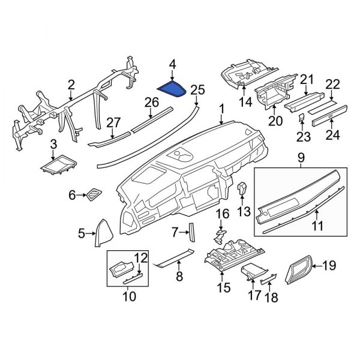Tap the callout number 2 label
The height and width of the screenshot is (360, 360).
(x=71, y=85)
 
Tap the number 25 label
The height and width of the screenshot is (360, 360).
(x=197, y=90)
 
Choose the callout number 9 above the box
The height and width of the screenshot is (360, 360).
(x=300, y=159)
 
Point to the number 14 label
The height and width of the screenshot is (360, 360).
(x=244, y=103)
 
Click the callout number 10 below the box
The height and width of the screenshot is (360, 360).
(x=129, y=296)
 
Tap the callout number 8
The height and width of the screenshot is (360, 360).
(x=178, y=276)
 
